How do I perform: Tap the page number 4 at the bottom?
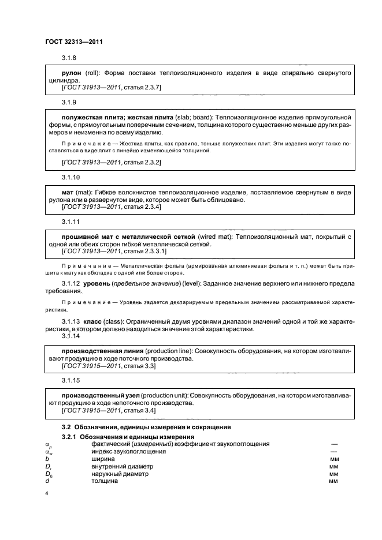[46, 494]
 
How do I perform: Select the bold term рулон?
[72, 74]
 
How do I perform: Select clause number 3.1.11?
[71, 222]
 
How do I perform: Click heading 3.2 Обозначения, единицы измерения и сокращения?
[146, 427]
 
